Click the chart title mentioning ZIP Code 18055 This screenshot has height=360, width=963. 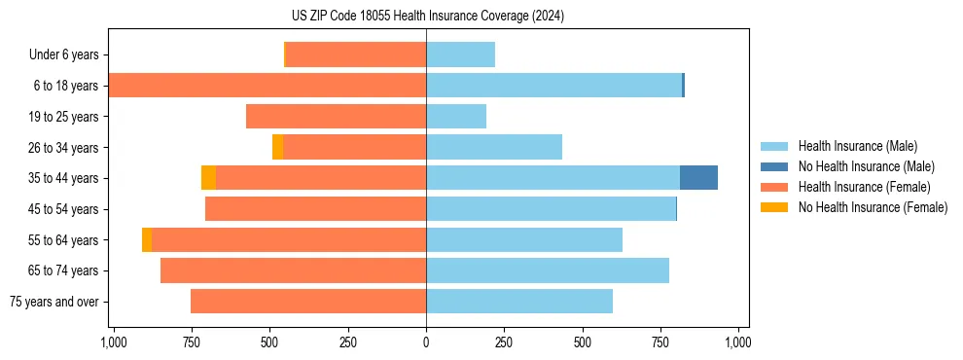coord(427,17)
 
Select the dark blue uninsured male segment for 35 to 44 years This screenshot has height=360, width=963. coord(698,178)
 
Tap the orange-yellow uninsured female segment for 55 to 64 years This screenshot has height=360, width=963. coord(147,239)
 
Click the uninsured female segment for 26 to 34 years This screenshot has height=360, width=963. coord(278,147)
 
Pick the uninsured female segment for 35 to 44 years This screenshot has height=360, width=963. coord(208,178)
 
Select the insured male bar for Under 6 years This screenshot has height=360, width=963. coord(461,54)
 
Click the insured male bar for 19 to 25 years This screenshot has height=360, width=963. coord(456,117)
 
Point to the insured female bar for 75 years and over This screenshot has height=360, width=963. coord(308,302)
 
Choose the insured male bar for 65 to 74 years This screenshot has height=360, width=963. coord(548,270)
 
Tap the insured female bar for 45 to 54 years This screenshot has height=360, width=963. coord(316,209)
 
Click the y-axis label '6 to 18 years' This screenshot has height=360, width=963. coord(65,86)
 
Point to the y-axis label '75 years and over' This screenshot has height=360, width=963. coord(53,302)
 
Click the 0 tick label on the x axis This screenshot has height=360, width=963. coord(426,343)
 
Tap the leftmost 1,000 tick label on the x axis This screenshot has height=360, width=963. coord(113,343)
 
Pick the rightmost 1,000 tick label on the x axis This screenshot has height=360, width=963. coord(738,343)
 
